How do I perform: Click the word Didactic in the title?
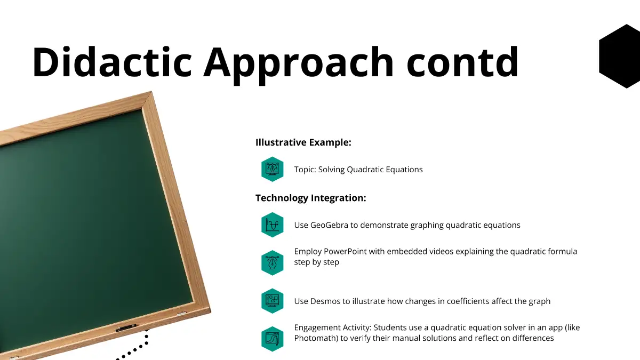coord(112,62)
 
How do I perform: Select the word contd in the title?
coord(462,62)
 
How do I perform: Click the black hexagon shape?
coord(619,57)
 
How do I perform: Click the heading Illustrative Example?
coord(303,142)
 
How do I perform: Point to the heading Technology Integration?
coord(310,198)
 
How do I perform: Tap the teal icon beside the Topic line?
coord(273,169)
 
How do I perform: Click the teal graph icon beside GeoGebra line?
coord(273,225)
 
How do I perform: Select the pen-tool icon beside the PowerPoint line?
coord(273,263)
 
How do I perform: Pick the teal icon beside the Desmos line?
coord(273,301)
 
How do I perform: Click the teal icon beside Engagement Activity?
coord(273,339)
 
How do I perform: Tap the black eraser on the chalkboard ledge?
coord(126,327)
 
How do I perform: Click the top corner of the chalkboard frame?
coord(151,92)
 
